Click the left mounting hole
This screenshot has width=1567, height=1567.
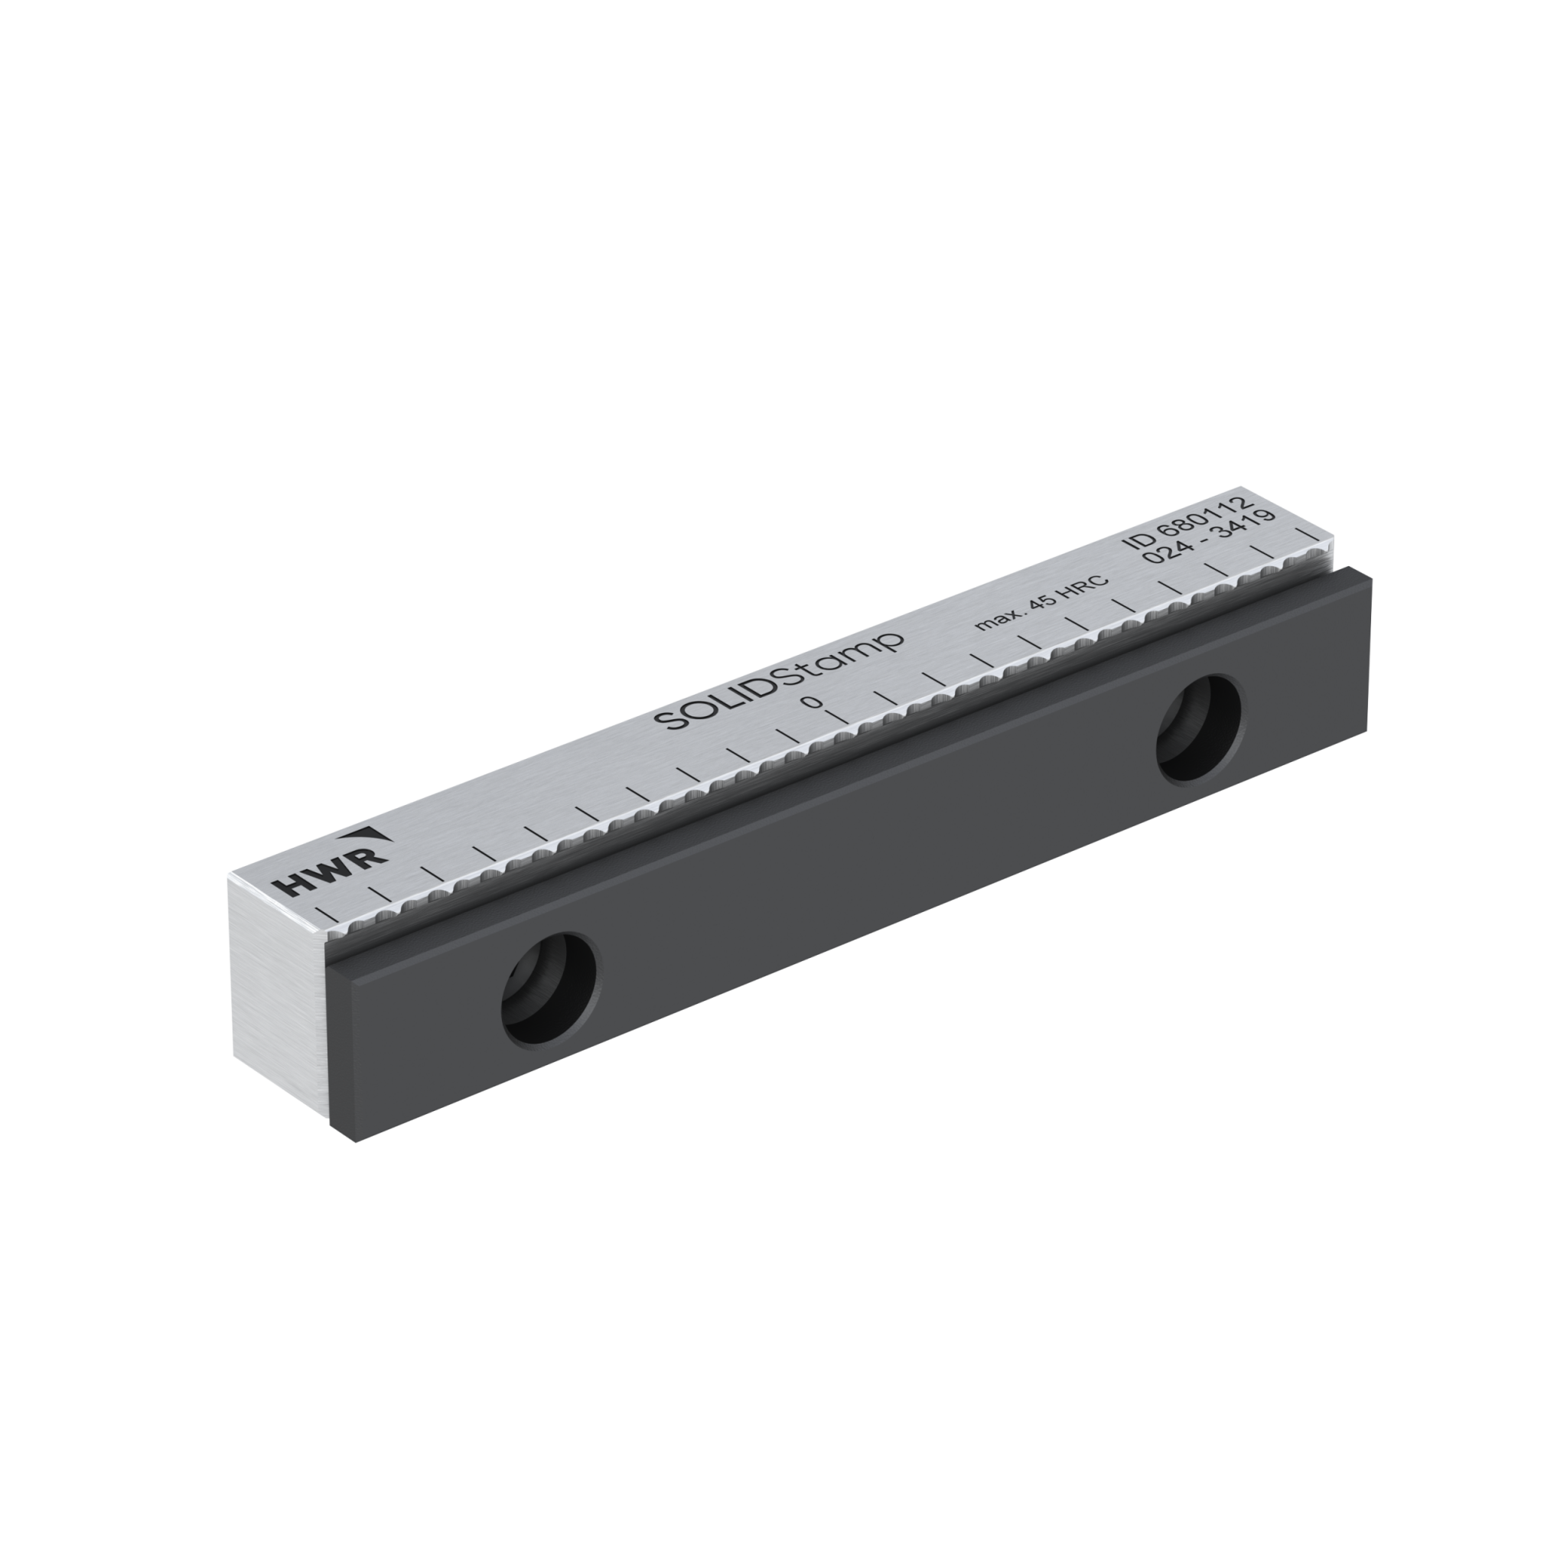[x=550, y=989]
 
